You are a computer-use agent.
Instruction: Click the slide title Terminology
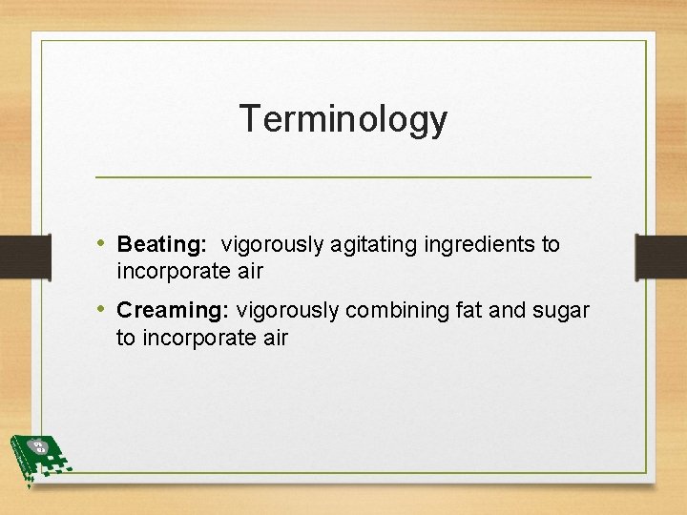343,119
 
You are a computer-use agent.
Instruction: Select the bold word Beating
160,244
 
